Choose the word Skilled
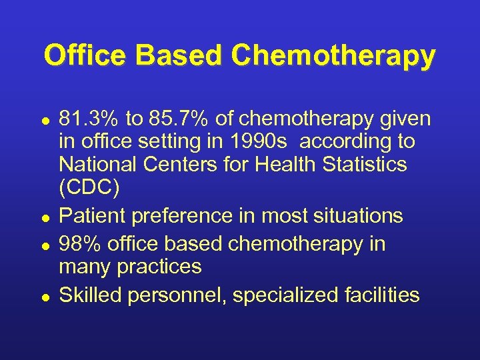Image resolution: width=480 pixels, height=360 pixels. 89,295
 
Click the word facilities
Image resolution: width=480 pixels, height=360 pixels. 379,295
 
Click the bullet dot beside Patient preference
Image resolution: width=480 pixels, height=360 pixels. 45,217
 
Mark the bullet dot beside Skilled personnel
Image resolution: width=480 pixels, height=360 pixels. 45,296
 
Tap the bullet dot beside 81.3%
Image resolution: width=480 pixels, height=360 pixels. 45,120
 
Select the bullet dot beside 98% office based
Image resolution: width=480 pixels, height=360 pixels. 45,245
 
